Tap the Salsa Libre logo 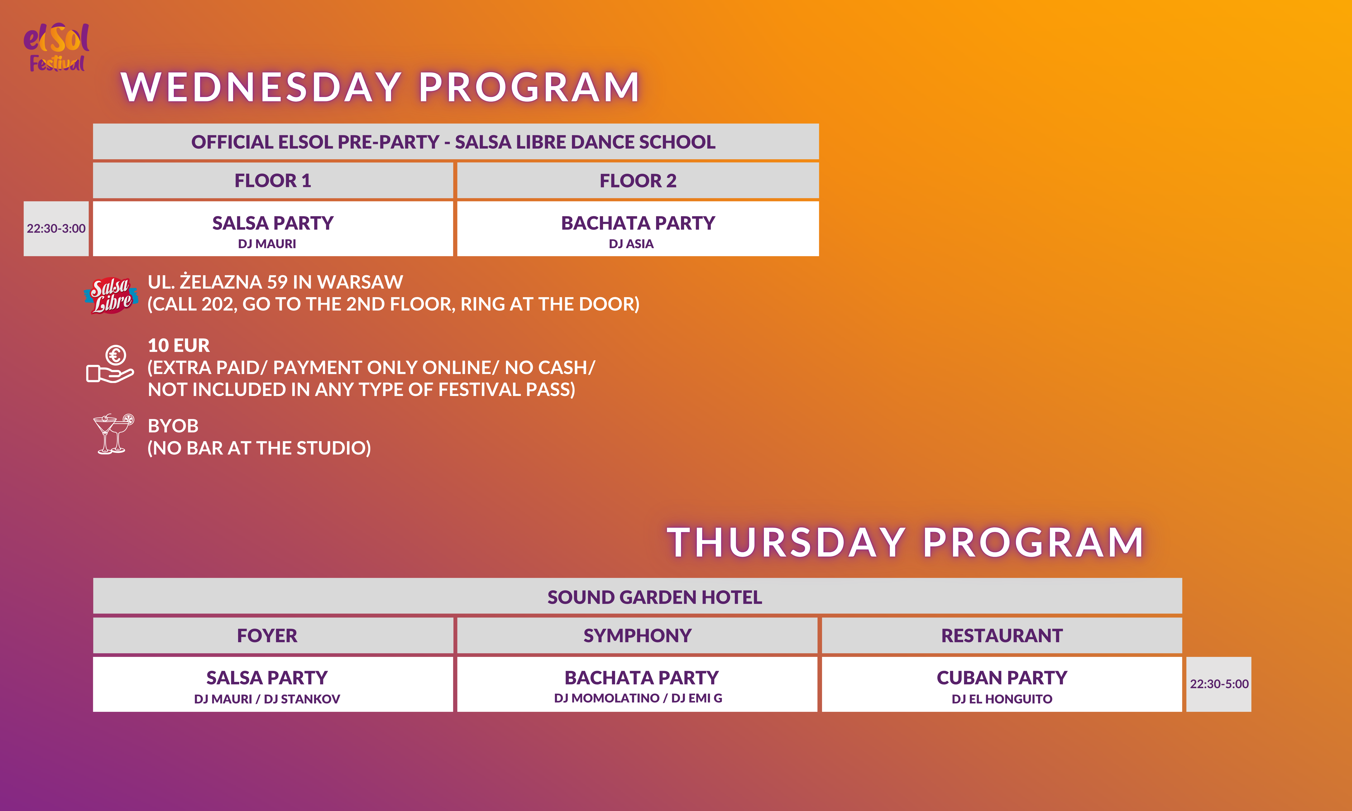tap(111, 295)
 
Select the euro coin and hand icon tap(110, 364)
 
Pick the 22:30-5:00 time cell tap(1219, 684)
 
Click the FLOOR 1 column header tap(273, 180)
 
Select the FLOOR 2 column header tap(638, 180)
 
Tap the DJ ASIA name tap(631, 244)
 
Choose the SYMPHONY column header tap(637, 636)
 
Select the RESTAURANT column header tap(1002, 636)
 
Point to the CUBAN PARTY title tap(1002, 678)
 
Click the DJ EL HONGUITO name tap(1002, 699)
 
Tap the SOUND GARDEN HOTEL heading tap(655, 597)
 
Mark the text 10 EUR tap(179, 345)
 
